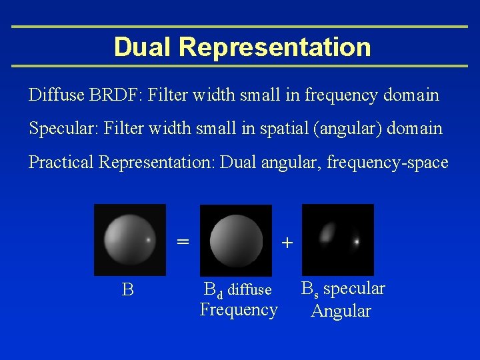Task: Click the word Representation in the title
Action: [275, 47]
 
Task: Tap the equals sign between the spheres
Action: [182, 240]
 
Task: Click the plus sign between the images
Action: [287, 243]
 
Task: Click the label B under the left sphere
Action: [128, 290]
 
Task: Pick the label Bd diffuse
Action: [237, 289]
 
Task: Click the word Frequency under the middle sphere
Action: [239, 310]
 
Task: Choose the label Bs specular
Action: [343, 289]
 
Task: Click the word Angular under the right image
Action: [341, 311]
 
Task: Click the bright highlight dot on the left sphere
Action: [147, 239]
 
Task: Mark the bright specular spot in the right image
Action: [357, 241]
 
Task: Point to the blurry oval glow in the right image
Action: [327, 233]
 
